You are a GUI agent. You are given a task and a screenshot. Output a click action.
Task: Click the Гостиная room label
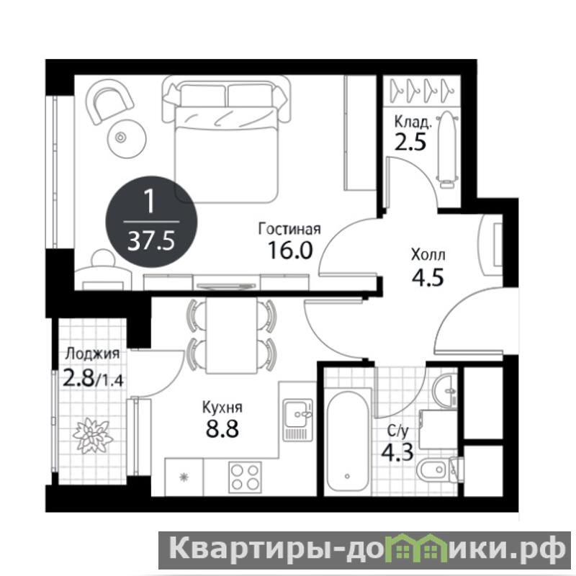coord(289,229)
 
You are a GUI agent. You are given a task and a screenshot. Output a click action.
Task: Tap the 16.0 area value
coord(290,250)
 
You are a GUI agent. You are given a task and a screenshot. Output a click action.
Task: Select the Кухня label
coord(222,408)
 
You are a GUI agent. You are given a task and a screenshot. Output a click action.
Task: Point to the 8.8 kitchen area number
coord(222,428)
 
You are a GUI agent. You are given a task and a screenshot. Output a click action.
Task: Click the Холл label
coord(428,255)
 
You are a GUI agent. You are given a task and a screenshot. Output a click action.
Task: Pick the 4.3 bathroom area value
coord(397,452)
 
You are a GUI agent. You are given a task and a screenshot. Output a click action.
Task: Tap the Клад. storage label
coord(413,122)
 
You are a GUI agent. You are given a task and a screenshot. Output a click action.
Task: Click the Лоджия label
coord(93,354)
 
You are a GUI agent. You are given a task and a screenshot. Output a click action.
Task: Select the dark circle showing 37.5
coord(152,222)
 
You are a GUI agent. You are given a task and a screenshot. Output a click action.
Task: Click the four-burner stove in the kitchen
coord(245,477)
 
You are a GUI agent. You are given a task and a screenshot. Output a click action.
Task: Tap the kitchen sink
coord(297,420)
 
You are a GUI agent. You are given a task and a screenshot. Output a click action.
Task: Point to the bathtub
coord(347,441)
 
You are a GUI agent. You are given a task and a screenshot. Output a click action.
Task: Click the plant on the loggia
coord(91,435)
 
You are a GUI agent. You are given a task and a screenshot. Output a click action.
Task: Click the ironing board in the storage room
coord(446,150)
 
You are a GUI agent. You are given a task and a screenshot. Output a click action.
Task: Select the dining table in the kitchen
coord(231,335)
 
